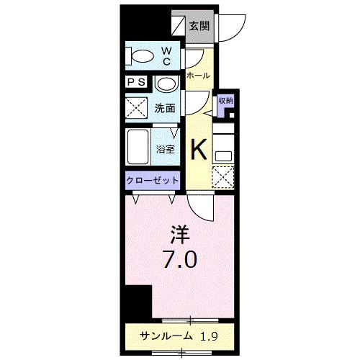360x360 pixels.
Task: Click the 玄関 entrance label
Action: click(199, 27)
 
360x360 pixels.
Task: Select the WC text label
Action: click(166, 56)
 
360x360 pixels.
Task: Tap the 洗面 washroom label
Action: click(166, 109)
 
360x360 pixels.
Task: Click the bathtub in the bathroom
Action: click(138, 148)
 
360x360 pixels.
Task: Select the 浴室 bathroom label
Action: click(166, 150)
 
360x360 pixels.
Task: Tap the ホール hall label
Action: click(198, 76)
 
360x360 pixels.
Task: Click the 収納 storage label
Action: click(225, 101)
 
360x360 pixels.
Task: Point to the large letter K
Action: click(199, 149)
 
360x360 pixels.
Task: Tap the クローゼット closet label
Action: click(153, 179)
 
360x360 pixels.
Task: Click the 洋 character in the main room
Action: click(179, 235)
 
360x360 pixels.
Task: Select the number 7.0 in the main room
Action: click(180, 259)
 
